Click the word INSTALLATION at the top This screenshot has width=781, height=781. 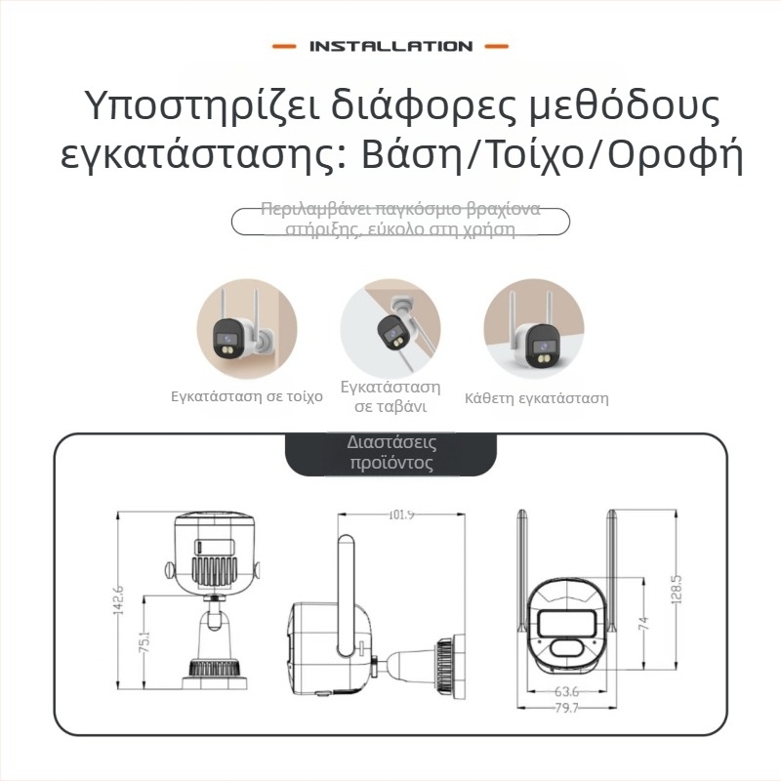(x=390, y=46)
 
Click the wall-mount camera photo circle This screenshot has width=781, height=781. (x=247, y=327)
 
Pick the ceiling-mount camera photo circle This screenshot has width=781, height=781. (x=390, y=327)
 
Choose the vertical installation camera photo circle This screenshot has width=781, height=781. (x=534, y=327)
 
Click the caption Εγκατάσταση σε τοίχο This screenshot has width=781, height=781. (x=247, y=398)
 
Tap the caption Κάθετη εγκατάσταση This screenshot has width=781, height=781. (x=537, y=398)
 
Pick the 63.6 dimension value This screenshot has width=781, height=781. (x=566, y=692)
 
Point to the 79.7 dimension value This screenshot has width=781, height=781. (x=566, y=708)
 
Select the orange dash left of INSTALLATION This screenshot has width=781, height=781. (x=283, y=46)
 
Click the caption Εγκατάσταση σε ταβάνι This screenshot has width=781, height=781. (x=390, y=397)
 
